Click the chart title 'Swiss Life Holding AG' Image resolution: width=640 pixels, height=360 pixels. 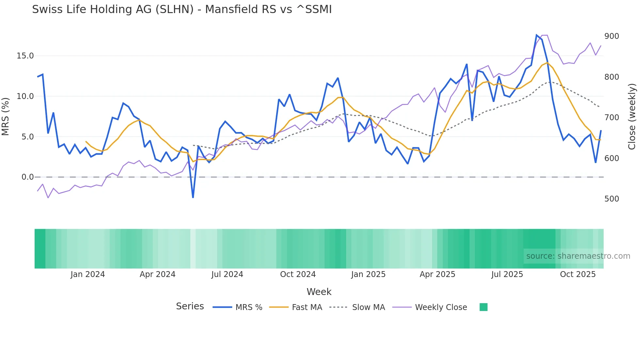[x=182, y=9]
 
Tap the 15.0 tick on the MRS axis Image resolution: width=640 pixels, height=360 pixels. [x=25, y=56]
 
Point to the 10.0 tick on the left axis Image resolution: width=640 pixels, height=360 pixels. [x=25, y=96]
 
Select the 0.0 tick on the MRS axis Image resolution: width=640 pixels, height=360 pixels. [x=27, y=177]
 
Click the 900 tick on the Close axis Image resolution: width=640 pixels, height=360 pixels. [x=612, y=36]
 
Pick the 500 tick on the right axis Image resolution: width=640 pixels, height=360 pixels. [x=612, y=199]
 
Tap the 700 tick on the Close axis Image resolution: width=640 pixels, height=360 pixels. [x=612, y=118]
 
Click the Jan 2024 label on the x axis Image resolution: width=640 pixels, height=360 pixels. [x=88, y=274]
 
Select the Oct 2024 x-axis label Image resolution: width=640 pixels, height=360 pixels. [x=298, y=274]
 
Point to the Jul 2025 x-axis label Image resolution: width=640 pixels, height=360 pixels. [x=507, y=274]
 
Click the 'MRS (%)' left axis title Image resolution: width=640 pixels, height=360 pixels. [x=6, y=116]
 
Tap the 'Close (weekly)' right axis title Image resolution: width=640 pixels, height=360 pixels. [x=632, y=116]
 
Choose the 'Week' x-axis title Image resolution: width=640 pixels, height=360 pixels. [x=319, y=292]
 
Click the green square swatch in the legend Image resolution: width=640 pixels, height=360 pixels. [x=484, y=307]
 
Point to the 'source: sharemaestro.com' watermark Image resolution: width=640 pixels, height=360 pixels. [x=578, y=256]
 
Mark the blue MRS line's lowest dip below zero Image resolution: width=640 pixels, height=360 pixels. [x=193, y=197]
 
